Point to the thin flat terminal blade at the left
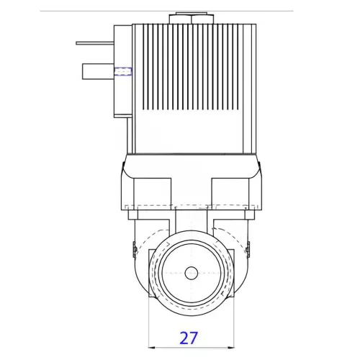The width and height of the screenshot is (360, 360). [94, 43]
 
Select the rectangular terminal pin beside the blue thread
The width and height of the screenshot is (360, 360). [98, 71]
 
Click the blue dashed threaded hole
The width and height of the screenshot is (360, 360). [123, 71]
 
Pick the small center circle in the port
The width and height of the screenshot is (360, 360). [191, 274]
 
